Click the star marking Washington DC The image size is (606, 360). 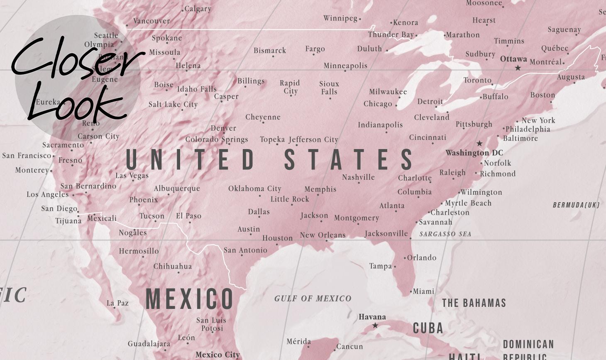pyautogui.click(x=479, y=143)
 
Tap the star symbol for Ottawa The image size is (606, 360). pyautogui.click(x=518, y=68)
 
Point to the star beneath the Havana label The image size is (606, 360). pyautogui.click(x=375, y=326)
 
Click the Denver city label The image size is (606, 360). pyautogui.click(x=223, y=128)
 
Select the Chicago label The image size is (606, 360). pyautogui.click(x=378, y=104)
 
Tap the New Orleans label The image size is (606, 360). pyautogui.click(x=323, y=235)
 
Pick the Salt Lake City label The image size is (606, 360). pyautogui.click(x=173, y=104)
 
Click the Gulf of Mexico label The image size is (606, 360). pyautogui.click(x=313, y=298)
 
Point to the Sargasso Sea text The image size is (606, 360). pyautogui.click(x=445, y=234)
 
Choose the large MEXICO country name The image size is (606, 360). pyautogui.click(x=190, y=299)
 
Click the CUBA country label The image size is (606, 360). pyautogui.click(x=428, y=328)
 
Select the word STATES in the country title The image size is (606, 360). pyautogui.click(x=349, y=159)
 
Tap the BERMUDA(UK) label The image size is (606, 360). pyautogui.click(x=576, y=205)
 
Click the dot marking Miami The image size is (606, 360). pyautogui.click(x=411, y=292)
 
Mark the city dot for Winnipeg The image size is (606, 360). pyautogui.click(x=360, y=19)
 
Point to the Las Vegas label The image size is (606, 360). pyautogui.click(x=132, y=175)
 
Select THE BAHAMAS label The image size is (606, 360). pyautogui.click(x=474, y=303)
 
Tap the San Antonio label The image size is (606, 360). pyautogui.click(x=245, y=250)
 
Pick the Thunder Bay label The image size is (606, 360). pyautogui.click(x=391, y=34)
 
